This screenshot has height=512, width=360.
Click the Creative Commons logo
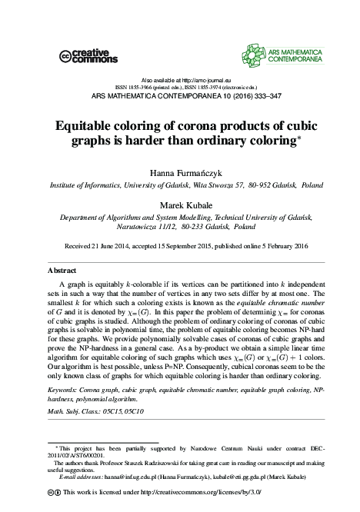88,55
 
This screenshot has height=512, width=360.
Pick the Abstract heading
62,271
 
